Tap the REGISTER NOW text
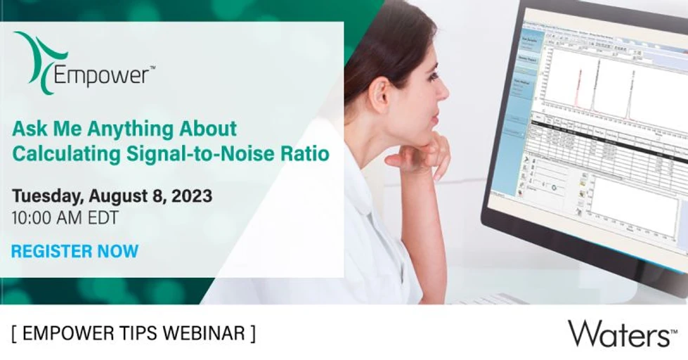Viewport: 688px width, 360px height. (x=75, y=250)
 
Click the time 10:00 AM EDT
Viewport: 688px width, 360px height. (x=65, y=218)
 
